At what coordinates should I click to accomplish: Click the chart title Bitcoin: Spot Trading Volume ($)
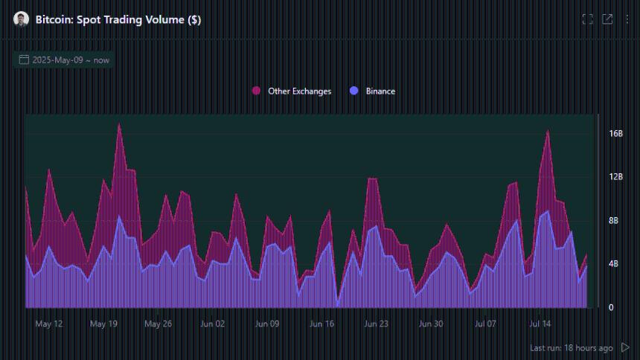coord(118,20)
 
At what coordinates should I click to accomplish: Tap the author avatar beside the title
coord(21,19)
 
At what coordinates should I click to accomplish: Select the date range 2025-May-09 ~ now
coord(63,60)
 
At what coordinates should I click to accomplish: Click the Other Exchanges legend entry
coord(292,91)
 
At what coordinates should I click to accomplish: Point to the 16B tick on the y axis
coord(615,134)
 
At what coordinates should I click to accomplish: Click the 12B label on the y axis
coord(615,177)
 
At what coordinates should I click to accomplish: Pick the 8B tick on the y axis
coord(615,221)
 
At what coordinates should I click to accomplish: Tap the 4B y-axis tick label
coord(615,264)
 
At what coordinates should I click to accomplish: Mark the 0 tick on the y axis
coord(611,307)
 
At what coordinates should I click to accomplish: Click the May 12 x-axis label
coord(49,324)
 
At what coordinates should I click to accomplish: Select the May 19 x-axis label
coord(103,324)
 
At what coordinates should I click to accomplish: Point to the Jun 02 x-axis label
coord(213,324)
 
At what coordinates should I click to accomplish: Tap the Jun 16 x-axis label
coord(321,324)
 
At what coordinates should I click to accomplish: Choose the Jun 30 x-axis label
coord(431,324)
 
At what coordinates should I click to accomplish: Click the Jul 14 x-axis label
coord(540,324)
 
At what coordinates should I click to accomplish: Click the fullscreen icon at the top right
coord(587,19)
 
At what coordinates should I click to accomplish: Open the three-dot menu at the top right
coord(627,19)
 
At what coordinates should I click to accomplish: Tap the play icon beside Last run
coord(625,347)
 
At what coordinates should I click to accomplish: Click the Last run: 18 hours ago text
coord(571,348)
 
